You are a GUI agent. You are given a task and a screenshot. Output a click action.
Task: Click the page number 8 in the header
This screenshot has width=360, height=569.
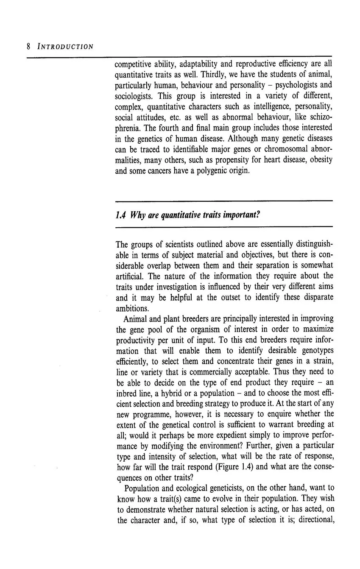pyautogui.click(x=28, y=46)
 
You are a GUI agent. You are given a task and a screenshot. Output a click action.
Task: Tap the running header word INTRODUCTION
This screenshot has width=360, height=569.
pyautogui.click(x=65, y=46)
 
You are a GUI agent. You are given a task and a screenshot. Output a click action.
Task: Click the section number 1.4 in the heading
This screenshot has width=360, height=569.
pyautogui.click(x=120, y=215)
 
